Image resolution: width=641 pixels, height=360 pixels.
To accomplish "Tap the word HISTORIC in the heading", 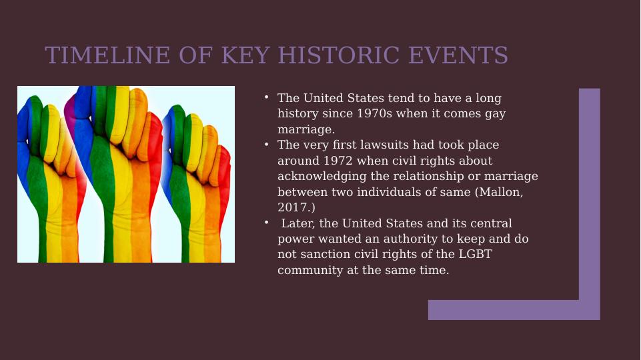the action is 339,55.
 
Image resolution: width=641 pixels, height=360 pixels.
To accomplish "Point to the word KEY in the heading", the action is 245,55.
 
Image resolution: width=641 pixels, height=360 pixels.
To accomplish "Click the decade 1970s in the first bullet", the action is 374,113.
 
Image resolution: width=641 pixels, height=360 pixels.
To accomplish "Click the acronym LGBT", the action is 475,254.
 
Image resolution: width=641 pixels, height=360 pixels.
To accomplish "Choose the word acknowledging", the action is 322,176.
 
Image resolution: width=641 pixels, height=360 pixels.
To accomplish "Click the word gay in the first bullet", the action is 496,114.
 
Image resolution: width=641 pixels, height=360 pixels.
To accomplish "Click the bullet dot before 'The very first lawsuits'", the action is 267,144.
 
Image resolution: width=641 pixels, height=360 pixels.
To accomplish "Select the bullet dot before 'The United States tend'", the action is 267,97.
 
